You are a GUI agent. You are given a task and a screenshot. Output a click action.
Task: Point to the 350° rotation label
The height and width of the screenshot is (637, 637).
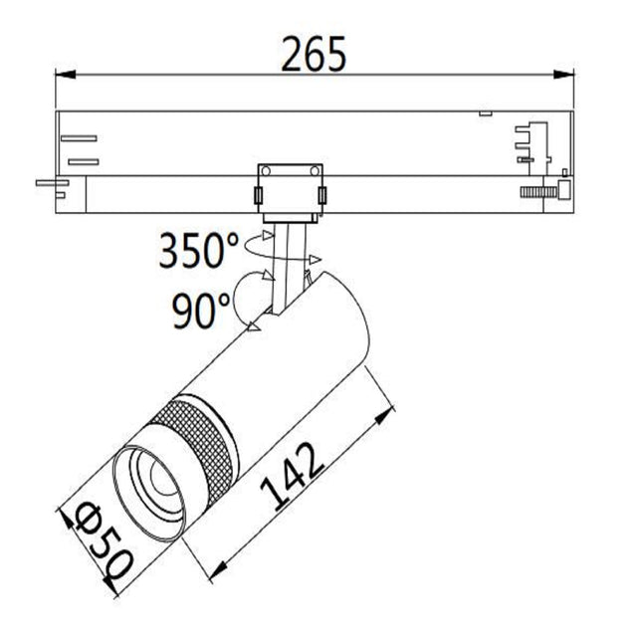tap(198, 252)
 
